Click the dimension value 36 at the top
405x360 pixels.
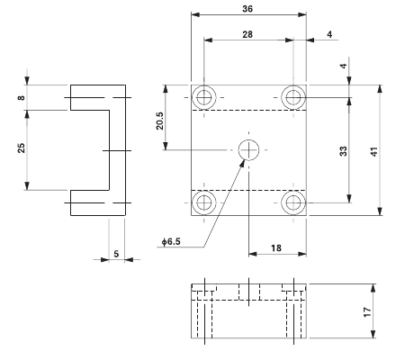pos(247,8)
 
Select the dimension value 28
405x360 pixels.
pos(247,33)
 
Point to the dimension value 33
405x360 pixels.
pos(342,152)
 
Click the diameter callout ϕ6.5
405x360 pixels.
pos(172,242)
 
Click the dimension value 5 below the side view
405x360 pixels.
pos(115,253)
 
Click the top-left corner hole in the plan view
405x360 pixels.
pos(204,97)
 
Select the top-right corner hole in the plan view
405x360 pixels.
pos(291,97)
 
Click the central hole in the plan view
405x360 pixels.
pos(247,149)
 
